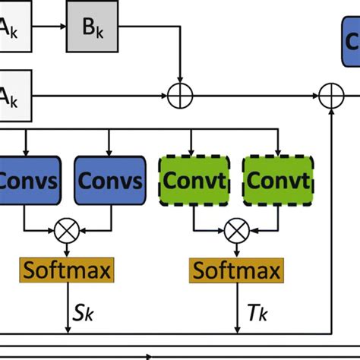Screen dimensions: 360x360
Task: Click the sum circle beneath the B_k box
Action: click(x=181, y=96)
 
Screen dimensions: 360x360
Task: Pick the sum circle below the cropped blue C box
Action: click(x=332, y=96)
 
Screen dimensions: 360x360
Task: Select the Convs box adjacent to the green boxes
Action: click(x=110, y=181)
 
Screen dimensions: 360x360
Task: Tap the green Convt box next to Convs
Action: click(x=193, y=181)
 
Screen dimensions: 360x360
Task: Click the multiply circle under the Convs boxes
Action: click(x=69, y=227)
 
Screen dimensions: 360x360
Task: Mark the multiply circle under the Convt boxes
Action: click(x=235, y=227)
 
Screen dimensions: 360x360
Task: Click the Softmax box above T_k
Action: click(x=235, y=269)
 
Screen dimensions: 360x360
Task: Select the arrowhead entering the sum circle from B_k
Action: click(x=181, y=81)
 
